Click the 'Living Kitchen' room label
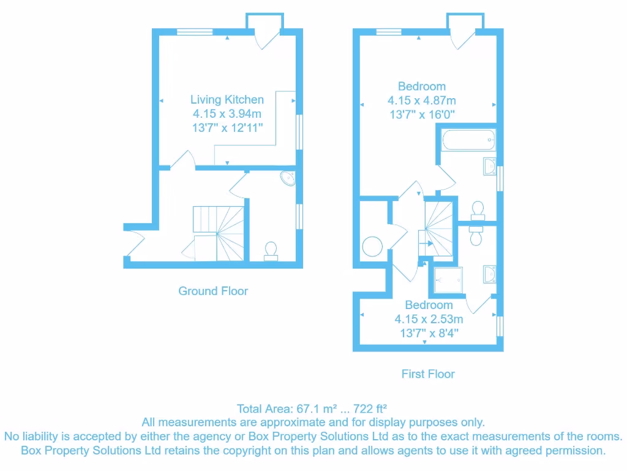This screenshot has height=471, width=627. [227, 99]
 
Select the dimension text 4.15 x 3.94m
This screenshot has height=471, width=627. [227, 114]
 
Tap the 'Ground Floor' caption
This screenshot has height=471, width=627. [213, 291]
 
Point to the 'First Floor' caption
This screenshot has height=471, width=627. [428, 373]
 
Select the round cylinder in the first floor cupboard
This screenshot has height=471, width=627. [373, 247]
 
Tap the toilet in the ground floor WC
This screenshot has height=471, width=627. [270, 250]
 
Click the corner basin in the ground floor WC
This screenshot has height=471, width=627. [288, 178]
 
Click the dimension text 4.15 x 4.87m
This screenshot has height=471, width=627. [421, 101]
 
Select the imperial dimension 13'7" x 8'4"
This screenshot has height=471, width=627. [429, 333]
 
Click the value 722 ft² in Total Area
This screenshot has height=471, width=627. [374, 408]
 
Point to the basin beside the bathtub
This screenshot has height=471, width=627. [490, 166]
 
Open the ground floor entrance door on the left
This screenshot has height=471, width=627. [134, 242]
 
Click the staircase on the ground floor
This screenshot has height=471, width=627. [219, 233]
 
